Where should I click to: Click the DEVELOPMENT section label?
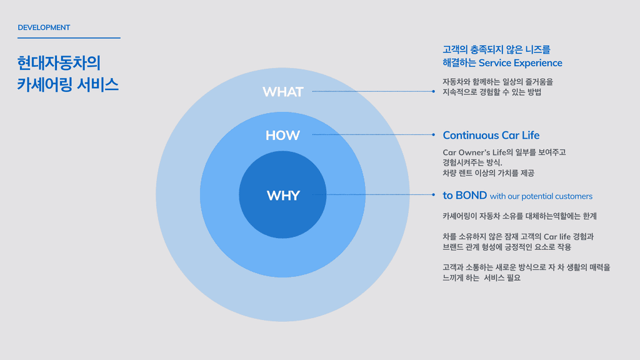point(44,27)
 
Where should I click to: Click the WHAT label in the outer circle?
point(282,92)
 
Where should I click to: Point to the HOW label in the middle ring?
point(282,135)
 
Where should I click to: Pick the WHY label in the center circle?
point(283,196)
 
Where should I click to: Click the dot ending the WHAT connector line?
point(433,91)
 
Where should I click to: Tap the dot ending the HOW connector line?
point(433,134)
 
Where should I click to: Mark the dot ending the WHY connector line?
point(433,195)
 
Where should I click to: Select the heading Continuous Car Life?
point(491,135)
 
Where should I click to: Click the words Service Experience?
point(521,62)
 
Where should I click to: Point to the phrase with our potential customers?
point(541,196)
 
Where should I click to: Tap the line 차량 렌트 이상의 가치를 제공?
point(488,173)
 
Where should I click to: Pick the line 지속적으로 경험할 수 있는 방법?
point(491,92)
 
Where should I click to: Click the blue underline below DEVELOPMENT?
point(69,37)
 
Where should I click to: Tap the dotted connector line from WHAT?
point(372,91)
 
